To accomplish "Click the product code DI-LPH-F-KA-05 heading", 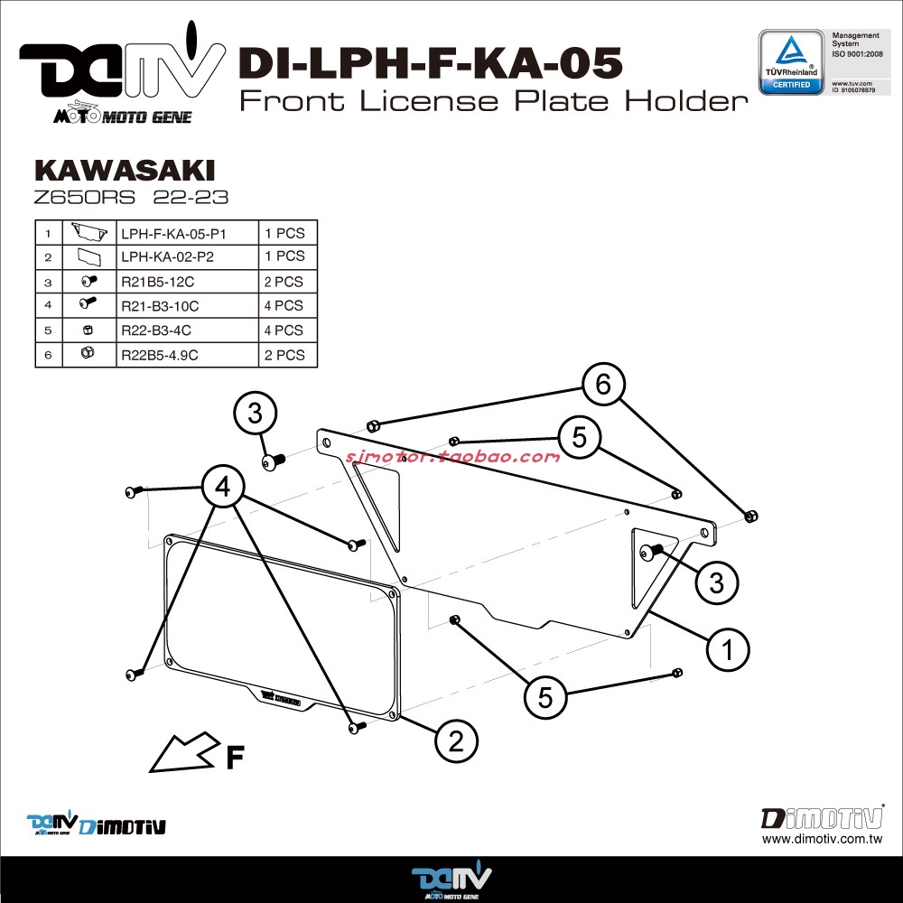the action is [x=429, y=64].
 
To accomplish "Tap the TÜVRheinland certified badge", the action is [x=790, y=61].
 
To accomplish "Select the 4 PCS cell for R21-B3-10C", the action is [x=284, y=306].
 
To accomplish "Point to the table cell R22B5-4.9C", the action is [x=159, y=355].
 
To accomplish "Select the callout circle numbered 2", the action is [x=456, y=741].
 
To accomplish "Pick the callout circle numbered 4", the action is [x=222, y=488].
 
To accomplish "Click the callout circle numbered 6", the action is [x=602, y=385].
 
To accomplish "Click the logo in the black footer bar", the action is [x=451, y=880].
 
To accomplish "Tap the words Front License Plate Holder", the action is [x=493, y=101].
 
